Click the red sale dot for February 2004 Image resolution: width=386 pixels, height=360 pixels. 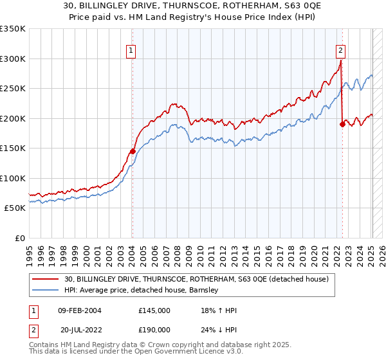click(133, 151)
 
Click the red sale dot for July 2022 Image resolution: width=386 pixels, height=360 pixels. click(342, 125)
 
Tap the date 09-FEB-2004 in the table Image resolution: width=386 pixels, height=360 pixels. click(80, 310)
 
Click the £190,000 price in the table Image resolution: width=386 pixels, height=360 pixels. click(154, 329)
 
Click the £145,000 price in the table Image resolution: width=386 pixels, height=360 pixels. click(154, 310)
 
